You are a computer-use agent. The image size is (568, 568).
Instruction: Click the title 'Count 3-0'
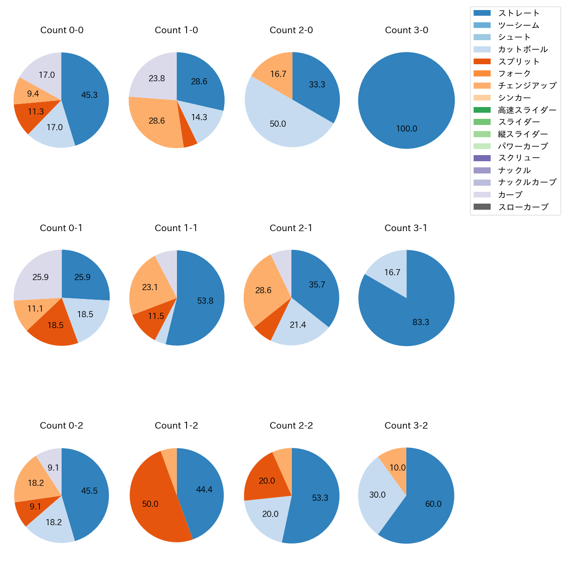click(x=406, y=30)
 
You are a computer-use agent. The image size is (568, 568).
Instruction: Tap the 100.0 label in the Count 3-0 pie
click(x=406, y=129)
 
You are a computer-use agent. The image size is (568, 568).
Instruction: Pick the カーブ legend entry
click(x=510, y=195)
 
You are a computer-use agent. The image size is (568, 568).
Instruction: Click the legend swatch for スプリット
click(x=482, y=62)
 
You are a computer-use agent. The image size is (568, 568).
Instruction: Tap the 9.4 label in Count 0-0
click(x=33, y=94)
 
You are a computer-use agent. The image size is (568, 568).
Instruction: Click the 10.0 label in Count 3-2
click(x=397, y=468)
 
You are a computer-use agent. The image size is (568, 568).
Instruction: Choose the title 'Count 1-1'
click(x=176, y=228)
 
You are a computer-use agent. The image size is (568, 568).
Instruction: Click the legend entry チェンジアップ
click(x=527, y=86)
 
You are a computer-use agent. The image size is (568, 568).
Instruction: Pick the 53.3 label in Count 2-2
click(x=320, y=498)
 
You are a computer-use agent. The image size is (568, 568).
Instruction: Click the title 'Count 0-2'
click(x=61, y=426)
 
